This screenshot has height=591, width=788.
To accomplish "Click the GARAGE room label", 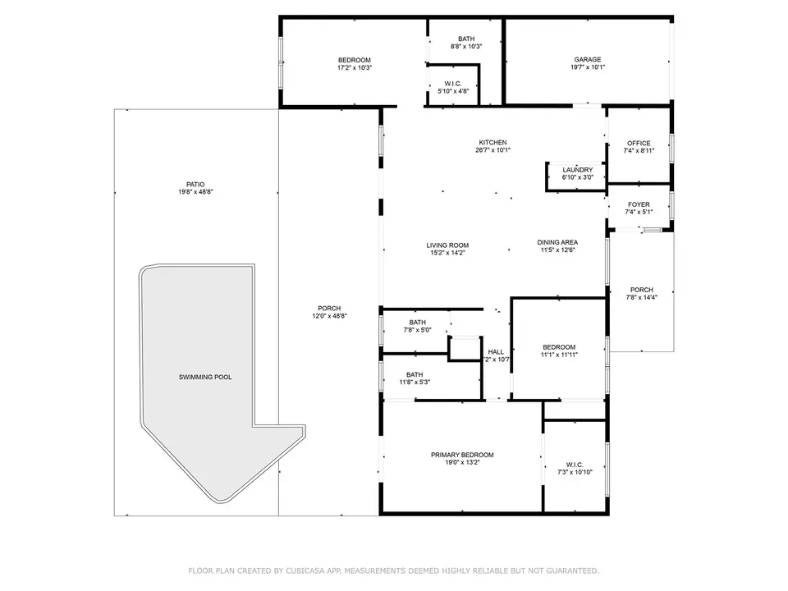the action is pos(588,59).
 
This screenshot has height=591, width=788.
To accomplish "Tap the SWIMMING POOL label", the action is pos(205,377).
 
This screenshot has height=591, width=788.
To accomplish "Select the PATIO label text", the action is pos(195,185).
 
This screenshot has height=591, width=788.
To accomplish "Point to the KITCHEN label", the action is pos(492,143).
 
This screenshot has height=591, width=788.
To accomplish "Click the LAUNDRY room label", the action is pos(577,170).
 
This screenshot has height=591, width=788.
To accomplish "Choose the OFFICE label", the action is pos(639,143).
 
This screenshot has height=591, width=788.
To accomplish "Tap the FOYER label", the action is pos(639,204).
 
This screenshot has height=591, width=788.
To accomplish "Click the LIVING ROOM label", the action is pos(447,245).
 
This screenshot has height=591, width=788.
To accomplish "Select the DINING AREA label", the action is pos(557,242).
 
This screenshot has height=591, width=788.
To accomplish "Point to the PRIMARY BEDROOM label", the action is pos(462,455).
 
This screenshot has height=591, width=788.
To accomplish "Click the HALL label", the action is pos(496,352).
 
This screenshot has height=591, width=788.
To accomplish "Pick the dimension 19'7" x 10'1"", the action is pos(588,66).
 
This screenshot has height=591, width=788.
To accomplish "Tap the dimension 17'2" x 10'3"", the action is pos(355,68).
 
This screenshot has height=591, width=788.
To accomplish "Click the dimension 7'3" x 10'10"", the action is pos(575,473).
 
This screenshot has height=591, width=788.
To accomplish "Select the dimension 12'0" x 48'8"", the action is pos(329,316).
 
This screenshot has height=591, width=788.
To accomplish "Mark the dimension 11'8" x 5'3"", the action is pos(415,383).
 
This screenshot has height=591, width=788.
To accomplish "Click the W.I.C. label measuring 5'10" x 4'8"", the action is pos(453,84).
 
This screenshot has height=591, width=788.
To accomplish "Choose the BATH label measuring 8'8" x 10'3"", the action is pos(466,39).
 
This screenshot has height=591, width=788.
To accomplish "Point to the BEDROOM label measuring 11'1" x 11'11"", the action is pos(559,347).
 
